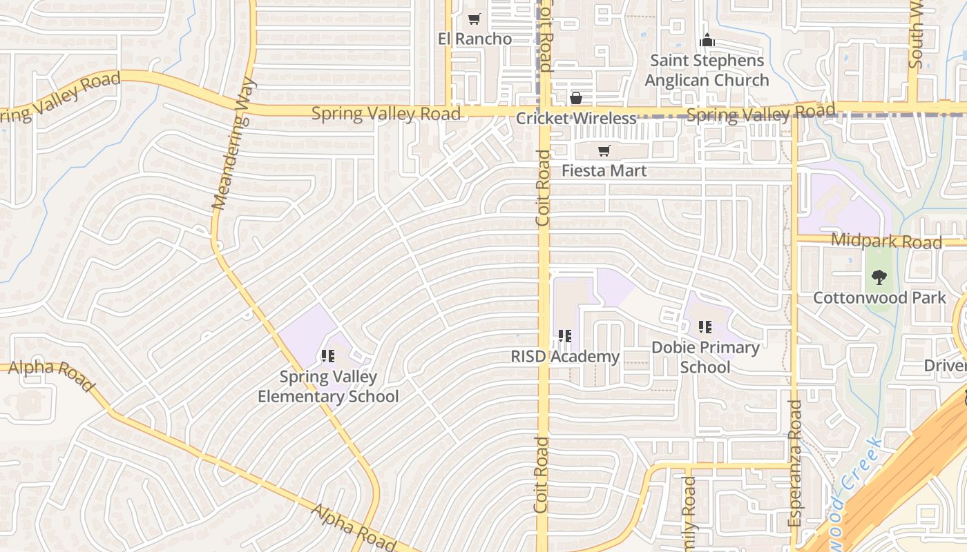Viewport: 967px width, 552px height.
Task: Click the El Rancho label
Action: point(475,39)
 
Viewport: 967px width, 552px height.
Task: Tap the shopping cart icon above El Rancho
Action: point(474,19)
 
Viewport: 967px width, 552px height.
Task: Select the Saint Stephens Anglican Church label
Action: point(707,70)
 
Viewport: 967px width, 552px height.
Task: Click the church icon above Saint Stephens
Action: point(707,41)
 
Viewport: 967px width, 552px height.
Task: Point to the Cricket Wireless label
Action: point(576,118)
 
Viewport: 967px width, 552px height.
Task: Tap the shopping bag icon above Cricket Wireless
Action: point(575,99)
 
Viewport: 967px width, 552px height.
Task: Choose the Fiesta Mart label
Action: point(604,170)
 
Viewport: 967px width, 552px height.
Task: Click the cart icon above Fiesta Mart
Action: point(604,151)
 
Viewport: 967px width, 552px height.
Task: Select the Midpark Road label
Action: point(886,241)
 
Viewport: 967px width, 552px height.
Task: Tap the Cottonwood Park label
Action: point(879,298)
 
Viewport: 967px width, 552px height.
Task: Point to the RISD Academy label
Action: point(565,357)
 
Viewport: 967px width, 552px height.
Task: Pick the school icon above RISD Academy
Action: point(565,336)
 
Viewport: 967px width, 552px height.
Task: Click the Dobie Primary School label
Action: point(705,357)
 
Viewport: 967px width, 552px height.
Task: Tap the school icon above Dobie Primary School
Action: point(705,326)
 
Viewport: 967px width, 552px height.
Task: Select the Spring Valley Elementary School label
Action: point(328,386)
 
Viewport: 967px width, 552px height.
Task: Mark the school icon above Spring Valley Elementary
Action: point(328,356)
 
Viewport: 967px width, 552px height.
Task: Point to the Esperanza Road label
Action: point(795,464)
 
